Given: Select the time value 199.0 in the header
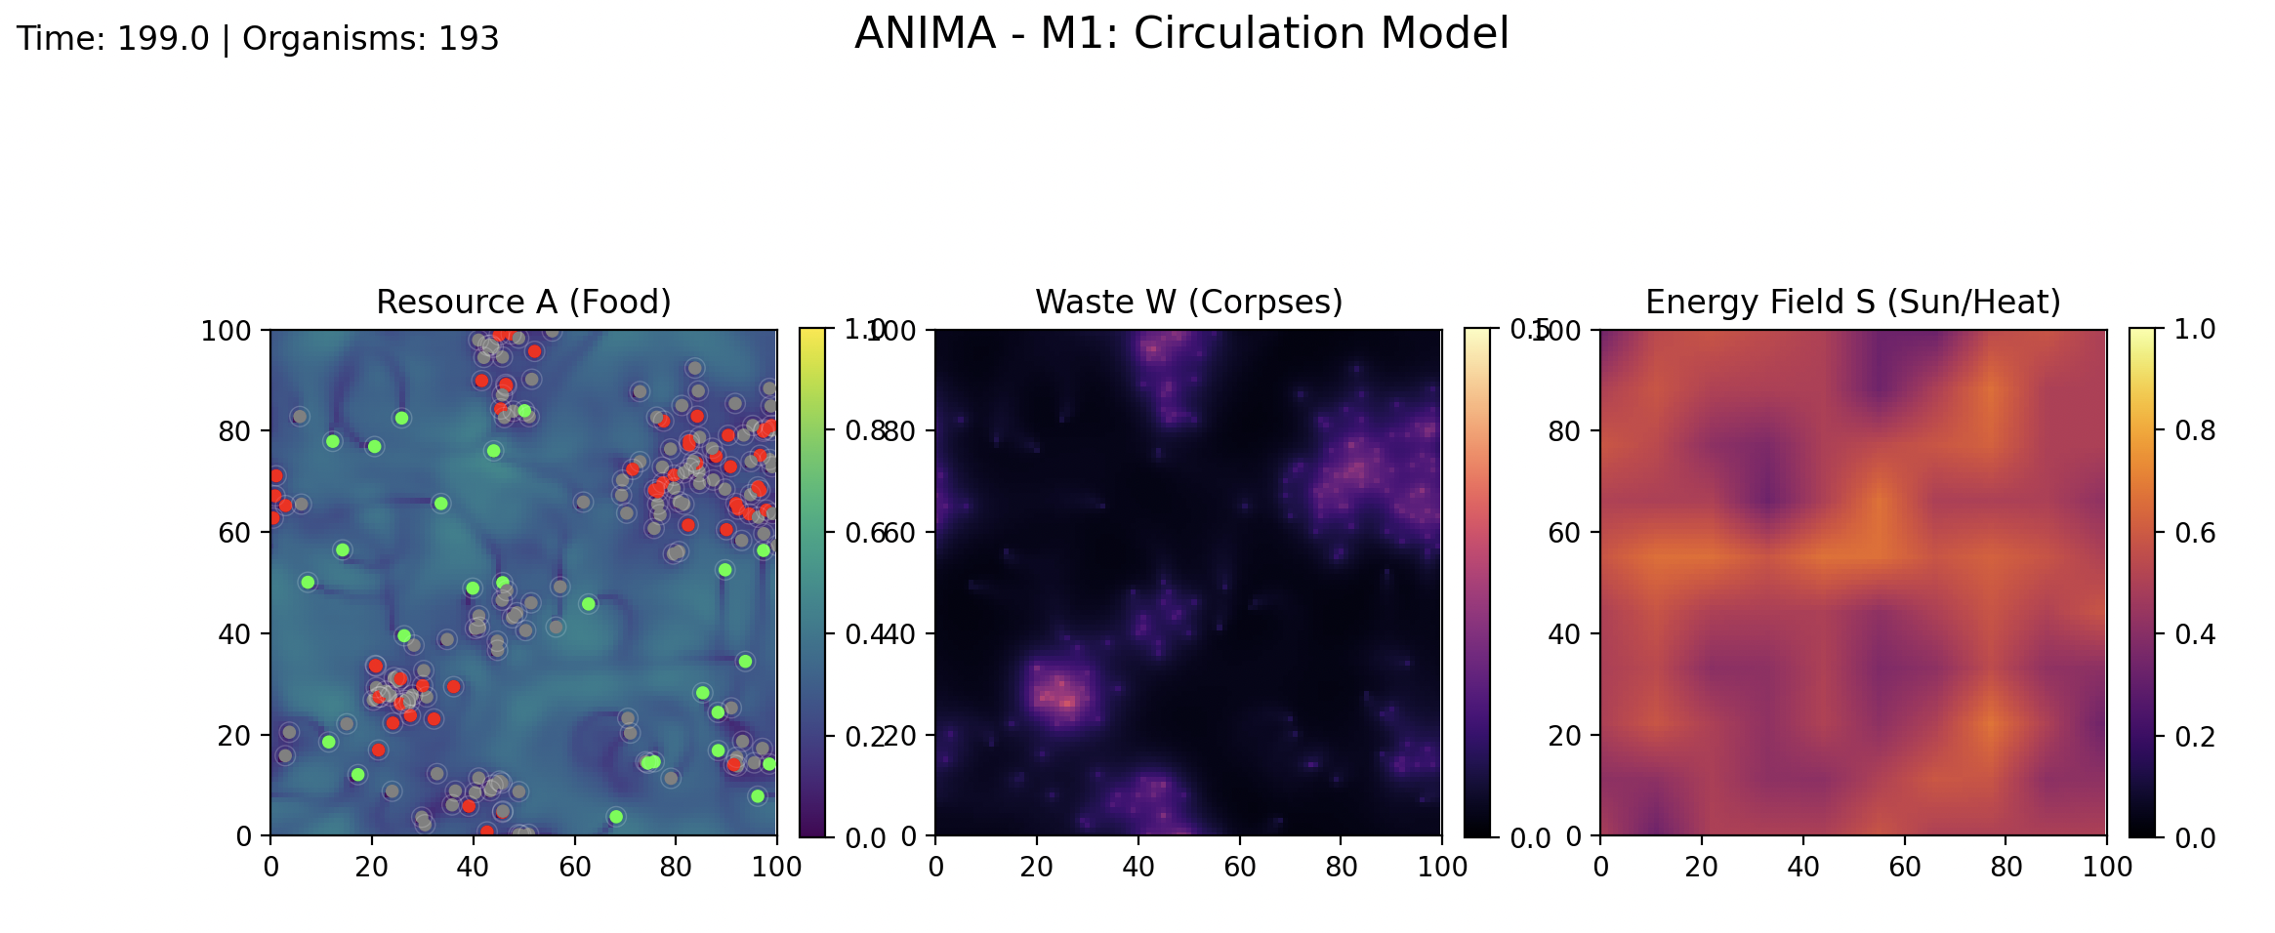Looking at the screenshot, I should (x=163, y=39).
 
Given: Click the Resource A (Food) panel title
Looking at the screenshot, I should (x=523, y=303).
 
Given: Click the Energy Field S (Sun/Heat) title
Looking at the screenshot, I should (x=1852, y=303).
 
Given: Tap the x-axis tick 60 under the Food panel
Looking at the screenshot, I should (x=575, y=867).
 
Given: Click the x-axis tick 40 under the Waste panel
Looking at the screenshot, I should (x=1138, y=867).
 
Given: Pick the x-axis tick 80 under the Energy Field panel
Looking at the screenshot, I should (x=2006, y=867).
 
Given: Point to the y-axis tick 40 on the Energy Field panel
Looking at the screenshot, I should (x=1564, y=634).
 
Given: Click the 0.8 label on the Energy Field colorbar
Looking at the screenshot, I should (x=2195, y=430).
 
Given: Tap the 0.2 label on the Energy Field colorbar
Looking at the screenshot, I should (x=2195, y=736).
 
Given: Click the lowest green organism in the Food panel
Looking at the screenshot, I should (x=615, y=817).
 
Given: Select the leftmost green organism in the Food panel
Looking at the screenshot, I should (x=308, y=583).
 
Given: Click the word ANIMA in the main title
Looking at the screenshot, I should (x=924, y=34).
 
